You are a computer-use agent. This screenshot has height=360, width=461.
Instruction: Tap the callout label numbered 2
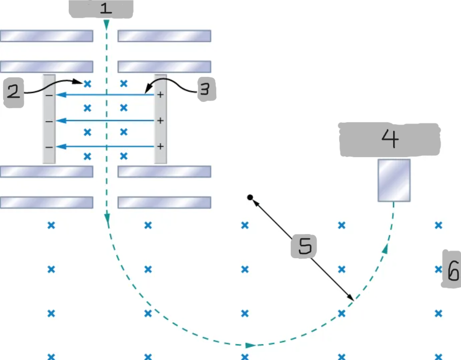13,92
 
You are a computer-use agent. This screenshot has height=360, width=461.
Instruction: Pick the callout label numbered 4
390,139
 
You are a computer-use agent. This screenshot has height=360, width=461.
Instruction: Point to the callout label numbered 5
304,247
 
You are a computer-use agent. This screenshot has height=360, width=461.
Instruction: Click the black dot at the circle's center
250,197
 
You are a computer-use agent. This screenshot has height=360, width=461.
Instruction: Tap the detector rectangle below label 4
394,180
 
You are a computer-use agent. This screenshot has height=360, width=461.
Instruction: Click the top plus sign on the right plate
160,95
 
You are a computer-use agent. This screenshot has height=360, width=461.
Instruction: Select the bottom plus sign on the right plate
160,146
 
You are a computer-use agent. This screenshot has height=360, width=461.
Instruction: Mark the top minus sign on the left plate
49,95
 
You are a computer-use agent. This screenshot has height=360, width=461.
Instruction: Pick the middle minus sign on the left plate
49,121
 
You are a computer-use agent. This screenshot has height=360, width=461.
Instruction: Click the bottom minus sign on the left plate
49,147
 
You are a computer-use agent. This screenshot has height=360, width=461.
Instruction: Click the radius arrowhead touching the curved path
351,298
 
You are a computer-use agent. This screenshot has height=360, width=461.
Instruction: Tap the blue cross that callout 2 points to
88,83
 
